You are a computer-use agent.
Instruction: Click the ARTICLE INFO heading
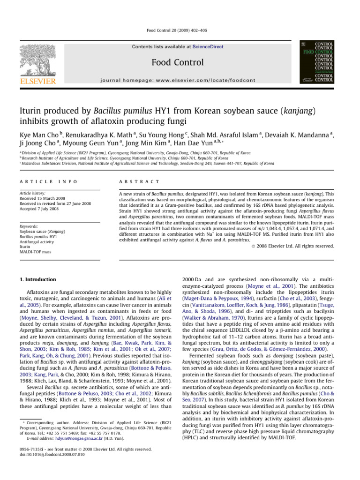pyautogui.click(x=47, y=181)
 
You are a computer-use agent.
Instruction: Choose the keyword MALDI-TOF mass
pyautogui.click(x=42, y=253)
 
